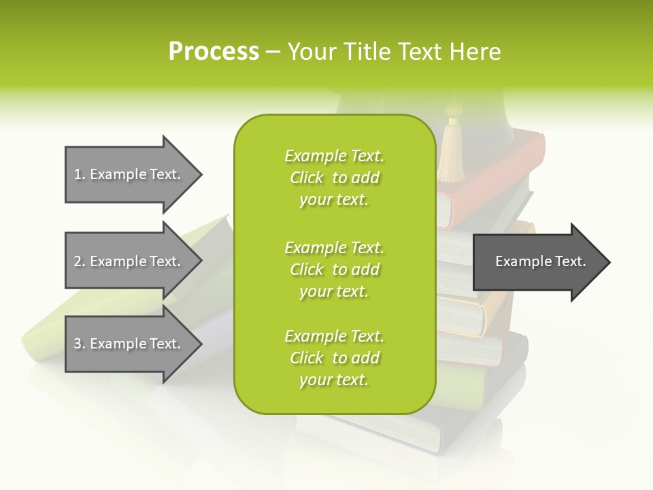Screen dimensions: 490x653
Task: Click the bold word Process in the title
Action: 214,52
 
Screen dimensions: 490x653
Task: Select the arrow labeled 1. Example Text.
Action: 129,174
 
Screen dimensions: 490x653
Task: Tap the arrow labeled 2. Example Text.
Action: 129,261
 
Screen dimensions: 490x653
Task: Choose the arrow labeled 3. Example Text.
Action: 129,344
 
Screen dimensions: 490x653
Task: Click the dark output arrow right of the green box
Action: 537,261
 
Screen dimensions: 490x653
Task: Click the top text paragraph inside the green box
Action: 334,178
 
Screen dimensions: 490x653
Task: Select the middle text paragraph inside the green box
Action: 334,269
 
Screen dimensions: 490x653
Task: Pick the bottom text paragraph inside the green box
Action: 334,358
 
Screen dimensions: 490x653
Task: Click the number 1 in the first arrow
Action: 78,174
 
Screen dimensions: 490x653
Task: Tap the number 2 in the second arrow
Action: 78,261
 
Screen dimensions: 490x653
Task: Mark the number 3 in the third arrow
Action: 78,344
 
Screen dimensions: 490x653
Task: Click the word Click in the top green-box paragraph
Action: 307,178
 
